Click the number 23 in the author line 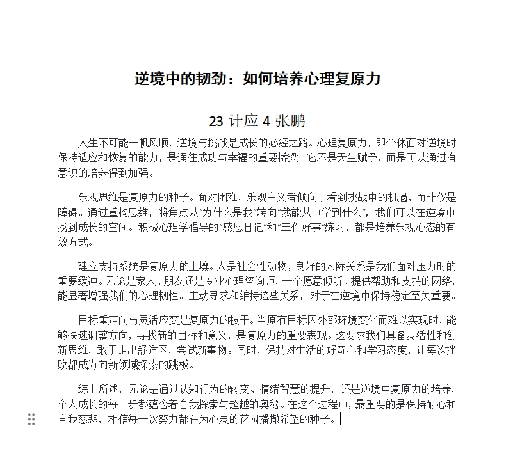[x=216, y=121]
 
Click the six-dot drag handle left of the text [x=31, y=420]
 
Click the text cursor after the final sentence [x=341, y=420]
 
